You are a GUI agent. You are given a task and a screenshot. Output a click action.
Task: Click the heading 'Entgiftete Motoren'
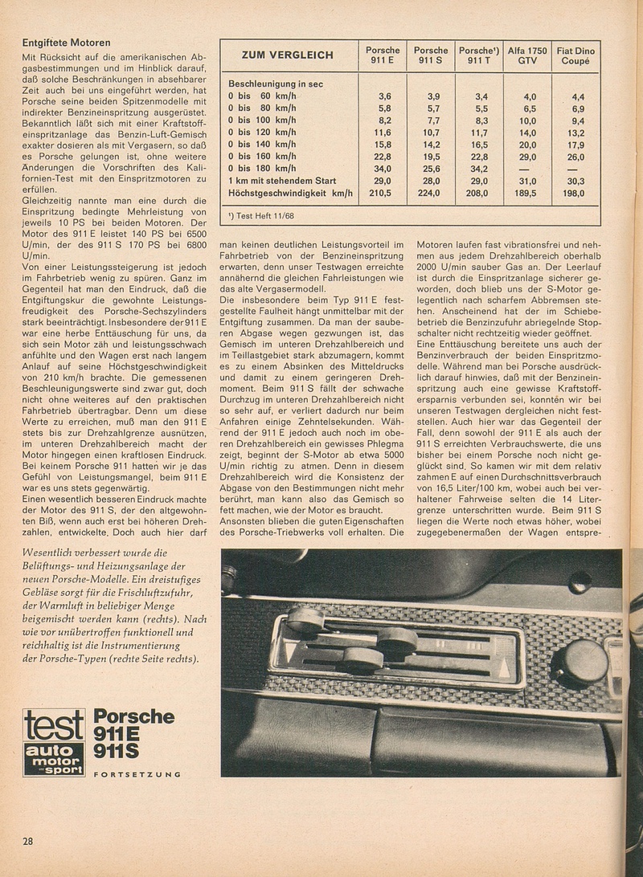(x=67, y=42)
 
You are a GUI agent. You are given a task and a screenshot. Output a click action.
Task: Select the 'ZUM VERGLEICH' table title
(x=286, y=55)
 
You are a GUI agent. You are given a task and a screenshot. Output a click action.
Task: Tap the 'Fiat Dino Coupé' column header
(x=576, y=55)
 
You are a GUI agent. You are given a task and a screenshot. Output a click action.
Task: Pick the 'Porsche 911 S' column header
(x=430, y=55)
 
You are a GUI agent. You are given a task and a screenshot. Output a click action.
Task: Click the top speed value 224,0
(x=430, y=194)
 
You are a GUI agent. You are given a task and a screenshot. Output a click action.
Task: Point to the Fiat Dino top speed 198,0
(x=576, y=194)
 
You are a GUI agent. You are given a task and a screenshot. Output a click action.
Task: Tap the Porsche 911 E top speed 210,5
(x=380, y=194)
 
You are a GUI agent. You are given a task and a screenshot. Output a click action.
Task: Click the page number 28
(x=28, y=841)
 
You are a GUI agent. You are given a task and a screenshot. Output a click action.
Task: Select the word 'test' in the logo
(x=54, y=724)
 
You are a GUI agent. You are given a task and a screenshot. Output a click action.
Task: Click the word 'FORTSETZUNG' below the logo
(x=137, y=774)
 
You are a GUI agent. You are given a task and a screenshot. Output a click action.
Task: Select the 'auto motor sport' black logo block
(x=54, y=759)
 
